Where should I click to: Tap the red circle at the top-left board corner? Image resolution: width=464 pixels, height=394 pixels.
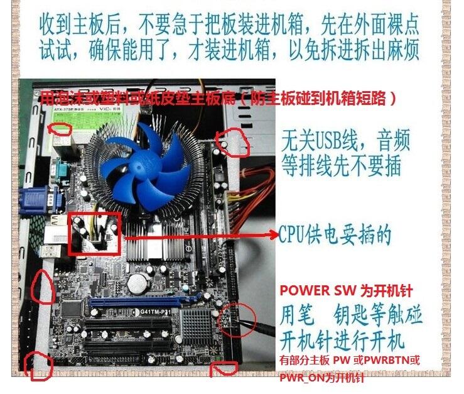click(x=61, y=129)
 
